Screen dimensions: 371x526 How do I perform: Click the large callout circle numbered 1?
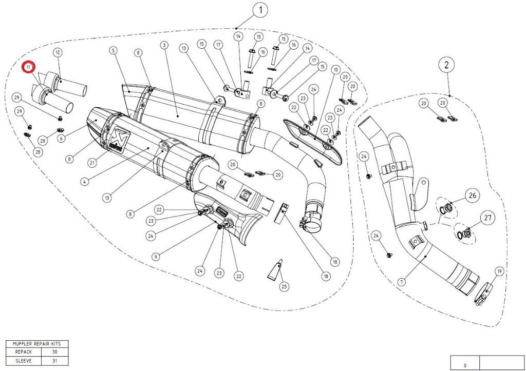[x=260, y=10]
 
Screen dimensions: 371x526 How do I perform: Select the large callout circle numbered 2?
[x=446, y=65]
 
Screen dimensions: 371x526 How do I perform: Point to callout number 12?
[x=58, y=52]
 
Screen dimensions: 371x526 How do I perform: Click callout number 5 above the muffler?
[x=113, y=50]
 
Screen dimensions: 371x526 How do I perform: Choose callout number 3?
[x=164, y=46]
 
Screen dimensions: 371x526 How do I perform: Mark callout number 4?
[x=84, y=181]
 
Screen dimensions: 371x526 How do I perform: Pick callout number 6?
[x=61, y=138]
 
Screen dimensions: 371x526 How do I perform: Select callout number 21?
[x=93, y=163]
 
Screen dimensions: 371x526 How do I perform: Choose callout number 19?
[x=498, y=271]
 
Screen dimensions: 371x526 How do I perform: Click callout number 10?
[x=336, y=69]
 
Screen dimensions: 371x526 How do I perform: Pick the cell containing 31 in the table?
[x=54, y=360]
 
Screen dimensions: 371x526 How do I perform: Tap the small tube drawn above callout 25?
[x=273, y=269]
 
